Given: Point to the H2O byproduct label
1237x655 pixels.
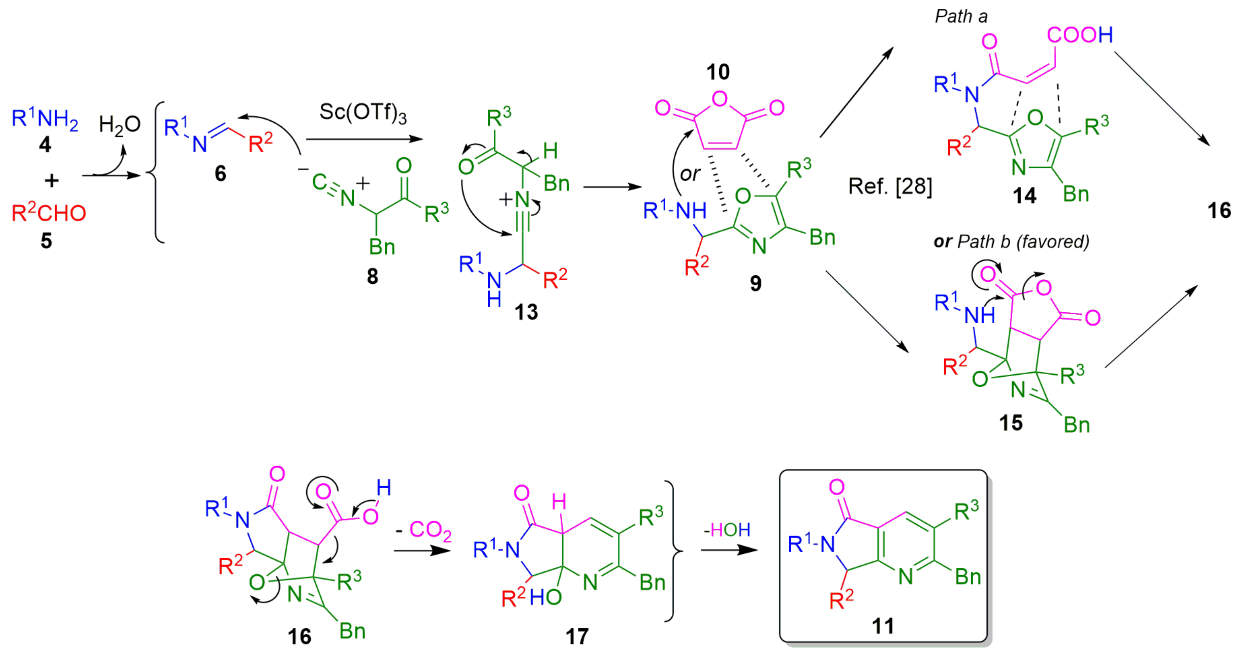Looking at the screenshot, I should (x=119, y=124).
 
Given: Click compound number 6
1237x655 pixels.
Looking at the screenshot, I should (x=220, y=174).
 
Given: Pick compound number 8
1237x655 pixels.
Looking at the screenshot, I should (x=373, y=276).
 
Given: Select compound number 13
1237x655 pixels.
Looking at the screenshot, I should (x=526, y=312).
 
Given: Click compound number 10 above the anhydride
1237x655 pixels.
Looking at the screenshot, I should (x=718, y=72).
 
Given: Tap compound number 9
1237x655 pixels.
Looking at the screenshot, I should (x=756, y=283).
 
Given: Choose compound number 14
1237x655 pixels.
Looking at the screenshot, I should (x=1024, y=195).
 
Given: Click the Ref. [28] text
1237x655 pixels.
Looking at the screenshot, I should (x=890, y=186).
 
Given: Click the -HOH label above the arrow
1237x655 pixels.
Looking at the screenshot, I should (x=727, y=530).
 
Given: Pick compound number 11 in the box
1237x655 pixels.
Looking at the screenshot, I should (x=883, y=626).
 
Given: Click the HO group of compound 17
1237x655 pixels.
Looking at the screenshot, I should (x=546, y=597).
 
